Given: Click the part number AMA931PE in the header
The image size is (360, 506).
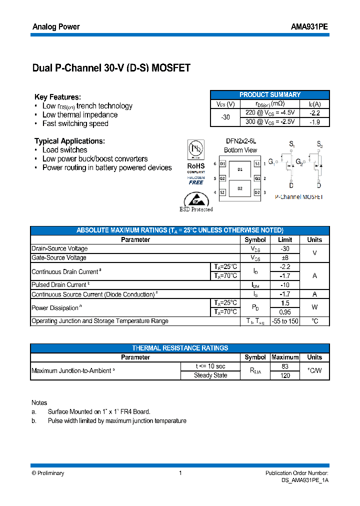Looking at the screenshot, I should pyautogui.click(x=309, y=27).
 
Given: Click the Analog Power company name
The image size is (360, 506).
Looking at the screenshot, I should pyautogui.click(x=56, y=27).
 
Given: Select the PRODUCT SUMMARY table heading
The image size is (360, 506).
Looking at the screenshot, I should pyautogui.click(x=270, y=94).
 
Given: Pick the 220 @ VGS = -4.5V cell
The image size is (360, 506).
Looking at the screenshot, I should pyautogui.click(x=270, y=112).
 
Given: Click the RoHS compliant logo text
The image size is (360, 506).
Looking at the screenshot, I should pyautogui.click(x=196, y=166).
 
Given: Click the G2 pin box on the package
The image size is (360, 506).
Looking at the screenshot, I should pyautogui.click(x=222, y=178).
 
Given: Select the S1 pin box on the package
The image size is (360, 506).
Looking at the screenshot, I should pyautogui.click(x=257, y=163).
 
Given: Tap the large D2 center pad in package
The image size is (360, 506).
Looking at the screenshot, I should pyautogui.click(x=240, y=188).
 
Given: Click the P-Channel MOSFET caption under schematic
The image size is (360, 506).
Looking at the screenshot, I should pyautogui.click(x=299, y=197).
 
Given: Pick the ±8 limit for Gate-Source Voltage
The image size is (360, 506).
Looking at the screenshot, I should pyautogui.click(x=284, y=258).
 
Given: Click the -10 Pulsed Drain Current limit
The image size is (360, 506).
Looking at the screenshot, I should pyautogui.click(x=284, y=285).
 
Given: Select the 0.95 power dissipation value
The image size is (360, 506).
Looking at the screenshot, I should pyautogui.click(x=284, y=312).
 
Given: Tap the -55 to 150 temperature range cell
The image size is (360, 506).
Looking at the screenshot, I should pyautogui.click(x=284, y=321).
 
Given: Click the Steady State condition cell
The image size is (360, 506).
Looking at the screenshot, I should pyautogui.click(x=210, y=375).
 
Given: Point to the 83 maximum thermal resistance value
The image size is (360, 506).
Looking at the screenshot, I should pyautogui.click(x=284, y=366).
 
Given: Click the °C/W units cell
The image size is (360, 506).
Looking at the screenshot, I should pyautogui.click(x=314, y=371).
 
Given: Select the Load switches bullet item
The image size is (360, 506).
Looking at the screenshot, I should pyautogui.click(x=64, y=150).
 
